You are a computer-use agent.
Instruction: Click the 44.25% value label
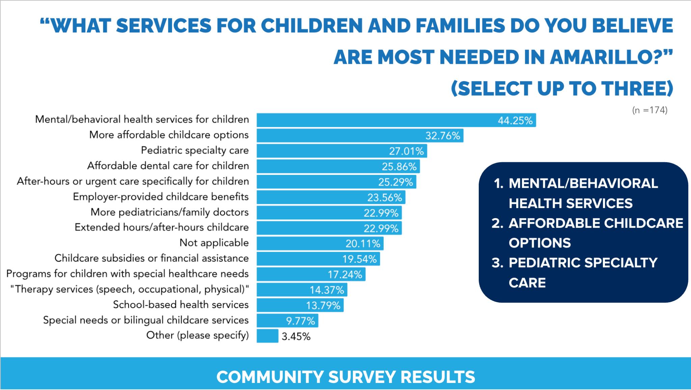[515, 121]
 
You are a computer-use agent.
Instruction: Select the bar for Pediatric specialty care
[341, 151]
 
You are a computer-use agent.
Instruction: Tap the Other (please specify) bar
[267, 336]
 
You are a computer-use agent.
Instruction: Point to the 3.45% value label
[296, 337]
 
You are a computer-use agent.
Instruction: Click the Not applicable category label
[214, 243]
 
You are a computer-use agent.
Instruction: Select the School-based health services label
[181, 305]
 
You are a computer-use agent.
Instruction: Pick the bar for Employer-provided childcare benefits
[331, 197]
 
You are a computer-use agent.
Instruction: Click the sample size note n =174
[649, 110]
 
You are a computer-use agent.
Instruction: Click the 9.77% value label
[300, 321]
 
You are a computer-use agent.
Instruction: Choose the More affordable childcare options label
[169, 135]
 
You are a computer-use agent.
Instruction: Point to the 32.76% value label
[443, 136]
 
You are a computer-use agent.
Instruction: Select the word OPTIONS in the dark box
[540, 243]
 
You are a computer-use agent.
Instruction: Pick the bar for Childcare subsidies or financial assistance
[318, 259]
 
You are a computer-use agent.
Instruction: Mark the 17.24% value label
[345, 275]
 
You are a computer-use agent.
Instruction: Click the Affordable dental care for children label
[168, 166]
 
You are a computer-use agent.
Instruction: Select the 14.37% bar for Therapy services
[302, 290]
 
